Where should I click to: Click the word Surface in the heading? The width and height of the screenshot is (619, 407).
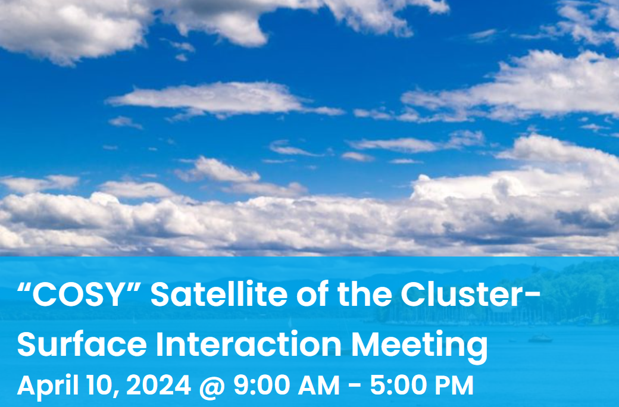[82, 345]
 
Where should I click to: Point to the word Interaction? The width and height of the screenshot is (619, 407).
[249, 345]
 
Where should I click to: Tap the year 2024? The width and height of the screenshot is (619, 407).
[159, 385]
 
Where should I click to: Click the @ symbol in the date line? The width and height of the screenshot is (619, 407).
[212, 386]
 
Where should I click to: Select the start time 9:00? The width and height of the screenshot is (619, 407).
[262, 385]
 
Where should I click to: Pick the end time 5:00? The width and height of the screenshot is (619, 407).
[398, 385]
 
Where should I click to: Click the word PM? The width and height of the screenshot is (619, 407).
[454, 385]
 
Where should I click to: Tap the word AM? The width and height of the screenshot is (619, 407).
[318, 385]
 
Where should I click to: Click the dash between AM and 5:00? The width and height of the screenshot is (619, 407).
[355, 386]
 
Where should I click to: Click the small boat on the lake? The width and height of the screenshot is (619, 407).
[540, 339]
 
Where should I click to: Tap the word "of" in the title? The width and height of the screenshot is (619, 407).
[312, 295]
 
